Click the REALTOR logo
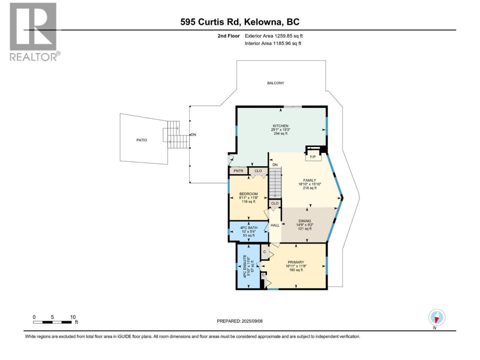click(x=35, y=32)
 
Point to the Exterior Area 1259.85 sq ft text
click(x=274, y=36)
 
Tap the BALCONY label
click(x=276, y=83)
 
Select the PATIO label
click(x=142, y=140)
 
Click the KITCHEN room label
click(x=280, y=126)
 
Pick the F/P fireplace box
click(x=313, y=157)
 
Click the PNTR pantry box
click(x=238, y=171)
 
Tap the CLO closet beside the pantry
click(x=258, y=171)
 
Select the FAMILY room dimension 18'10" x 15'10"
click(x=309, y=184)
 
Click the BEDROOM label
click(x=248, y=194)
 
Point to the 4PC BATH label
click(x=249, y=228)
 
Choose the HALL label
click(x=275, y=225)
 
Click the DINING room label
click(x=304, y=221)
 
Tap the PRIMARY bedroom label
click(x=295, y=262)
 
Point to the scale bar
click(x=52, y=322)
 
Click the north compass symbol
click(x=436, y=317)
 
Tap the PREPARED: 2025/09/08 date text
click(x=240, y=321)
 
